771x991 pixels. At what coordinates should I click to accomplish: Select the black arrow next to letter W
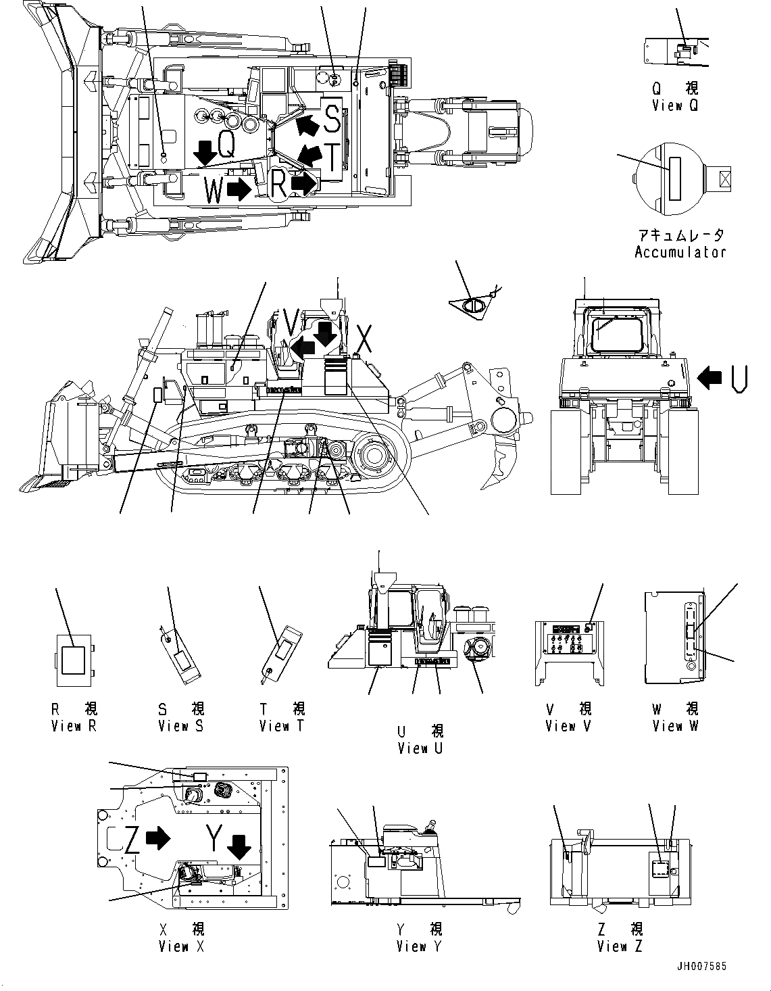tap(237, 190)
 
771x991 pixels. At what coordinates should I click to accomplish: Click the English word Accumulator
tap(680, 252)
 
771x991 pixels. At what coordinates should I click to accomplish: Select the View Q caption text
tap(675, 105)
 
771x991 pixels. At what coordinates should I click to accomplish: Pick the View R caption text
tap(74, 726)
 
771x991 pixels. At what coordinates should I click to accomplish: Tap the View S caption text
tap(180, 726)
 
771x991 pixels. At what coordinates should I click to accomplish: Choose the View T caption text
tap(281, 726)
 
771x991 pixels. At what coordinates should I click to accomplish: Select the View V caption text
tap(569, 726)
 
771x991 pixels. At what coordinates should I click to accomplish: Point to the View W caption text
tap(675, 726)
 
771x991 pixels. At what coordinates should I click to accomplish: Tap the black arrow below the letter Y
tap(238, 846)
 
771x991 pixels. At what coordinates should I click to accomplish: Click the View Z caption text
tap(620, 946)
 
